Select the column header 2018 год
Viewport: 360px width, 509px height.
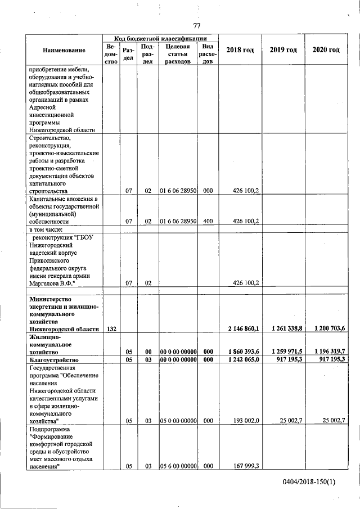click(240, 50)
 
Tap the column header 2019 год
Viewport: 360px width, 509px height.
click(283, 50)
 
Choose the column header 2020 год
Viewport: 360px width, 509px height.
click(326, 50)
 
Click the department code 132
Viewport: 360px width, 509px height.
click(111, 328)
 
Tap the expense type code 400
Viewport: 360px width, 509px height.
click(207, 222)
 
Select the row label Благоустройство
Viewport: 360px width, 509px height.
click(53, 359)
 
